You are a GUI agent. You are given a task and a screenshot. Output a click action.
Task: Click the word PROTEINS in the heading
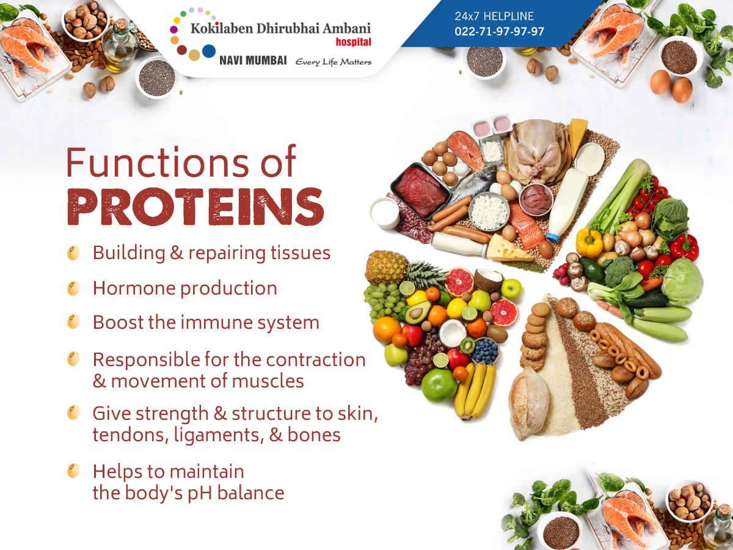tap(195, 207)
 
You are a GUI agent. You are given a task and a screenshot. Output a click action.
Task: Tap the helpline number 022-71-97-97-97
tap(499, 31)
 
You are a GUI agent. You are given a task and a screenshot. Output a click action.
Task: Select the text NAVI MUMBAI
tap(253, 61)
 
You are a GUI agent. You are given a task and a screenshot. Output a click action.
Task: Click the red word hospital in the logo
tap(353, 42)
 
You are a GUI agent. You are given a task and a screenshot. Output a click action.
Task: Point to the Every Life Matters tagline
tap(334, 62)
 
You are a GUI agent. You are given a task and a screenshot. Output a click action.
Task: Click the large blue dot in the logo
tap(209, 51)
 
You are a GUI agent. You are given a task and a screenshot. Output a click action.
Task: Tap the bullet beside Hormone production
tap(73, 288)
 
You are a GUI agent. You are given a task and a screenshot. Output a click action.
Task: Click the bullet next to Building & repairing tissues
tap(73, 253)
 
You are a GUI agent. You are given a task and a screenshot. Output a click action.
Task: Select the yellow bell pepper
tap(589, 242)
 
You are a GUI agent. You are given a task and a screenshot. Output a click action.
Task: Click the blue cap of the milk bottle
tap(552, 238)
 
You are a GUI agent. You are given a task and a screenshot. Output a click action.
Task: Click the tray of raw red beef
tap(421, 190)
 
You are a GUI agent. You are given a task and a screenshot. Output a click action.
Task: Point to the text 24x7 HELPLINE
tap(494, 16)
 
